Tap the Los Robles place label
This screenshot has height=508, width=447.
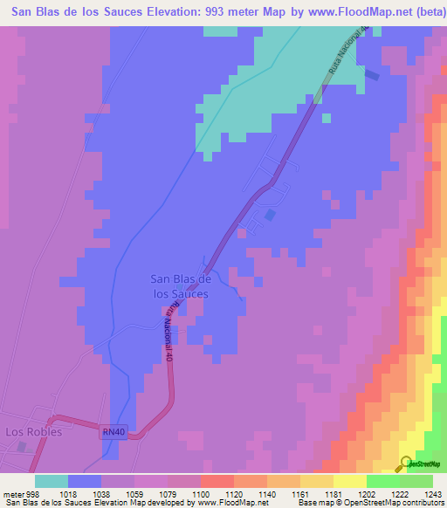[x=33, y=431]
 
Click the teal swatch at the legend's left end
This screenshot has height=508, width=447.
[x=52, y=481]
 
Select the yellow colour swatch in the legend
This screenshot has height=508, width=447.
[x=349, y=481]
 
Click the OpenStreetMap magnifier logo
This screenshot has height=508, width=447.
[x=406, y=463]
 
